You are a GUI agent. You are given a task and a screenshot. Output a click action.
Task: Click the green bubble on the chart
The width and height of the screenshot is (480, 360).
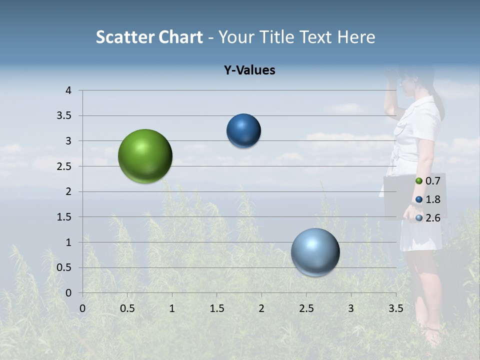tap(145, 156)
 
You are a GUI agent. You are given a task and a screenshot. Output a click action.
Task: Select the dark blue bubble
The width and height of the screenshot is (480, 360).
tap(243, 131)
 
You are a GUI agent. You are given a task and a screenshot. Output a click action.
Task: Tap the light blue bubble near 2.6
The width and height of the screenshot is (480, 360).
tap(315, 252)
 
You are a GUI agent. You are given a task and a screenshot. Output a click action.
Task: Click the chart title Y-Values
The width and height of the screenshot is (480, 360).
tap(249, 70)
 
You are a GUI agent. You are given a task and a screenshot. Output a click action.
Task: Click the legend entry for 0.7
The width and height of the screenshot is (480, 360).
tap(428, 181)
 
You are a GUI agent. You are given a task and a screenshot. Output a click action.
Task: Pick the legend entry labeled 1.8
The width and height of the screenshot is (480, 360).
tap(428, 199)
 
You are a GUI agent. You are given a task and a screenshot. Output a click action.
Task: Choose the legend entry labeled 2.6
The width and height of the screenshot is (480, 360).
tap(428, 217)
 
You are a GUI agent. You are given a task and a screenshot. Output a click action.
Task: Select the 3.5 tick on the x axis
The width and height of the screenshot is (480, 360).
tap(395, 308)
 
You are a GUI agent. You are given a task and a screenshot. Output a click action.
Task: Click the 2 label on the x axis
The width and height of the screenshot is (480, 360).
tap(261, 308)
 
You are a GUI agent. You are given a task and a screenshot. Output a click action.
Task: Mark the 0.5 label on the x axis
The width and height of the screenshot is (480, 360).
tap(127, 308)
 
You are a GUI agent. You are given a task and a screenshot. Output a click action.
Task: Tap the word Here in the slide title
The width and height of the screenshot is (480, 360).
tap(355, 37)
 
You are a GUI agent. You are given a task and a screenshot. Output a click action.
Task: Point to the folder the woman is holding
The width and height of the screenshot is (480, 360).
tap(400, 197)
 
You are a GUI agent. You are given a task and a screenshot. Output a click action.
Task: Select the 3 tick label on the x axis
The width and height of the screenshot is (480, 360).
tap(351, 308)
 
